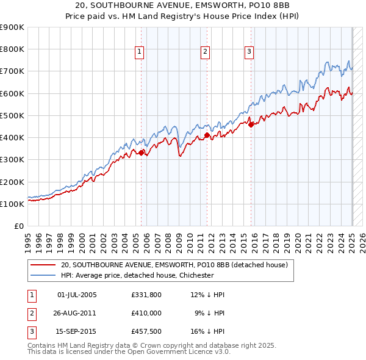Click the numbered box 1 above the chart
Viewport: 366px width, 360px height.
click(x=140, y=52)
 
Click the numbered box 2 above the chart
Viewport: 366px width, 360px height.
click(x=206, y=52)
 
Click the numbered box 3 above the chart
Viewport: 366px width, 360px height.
click(x=249, y=52)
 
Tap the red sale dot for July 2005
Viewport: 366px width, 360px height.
click(x=142, y=153)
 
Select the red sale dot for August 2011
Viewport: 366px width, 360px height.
click(x=207, y=135)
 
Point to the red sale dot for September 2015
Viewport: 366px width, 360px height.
click(x=251, y=125)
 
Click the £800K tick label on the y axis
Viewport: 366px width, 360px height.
click(x=12, y=49)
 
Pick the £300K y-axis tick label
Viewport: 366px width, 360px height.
click(x=12, y=160)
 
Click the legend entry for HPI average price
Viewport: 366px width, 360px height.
click(x=137, y=275)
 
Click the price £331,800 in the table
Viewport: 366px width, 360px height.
click(x=147, y=295)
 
